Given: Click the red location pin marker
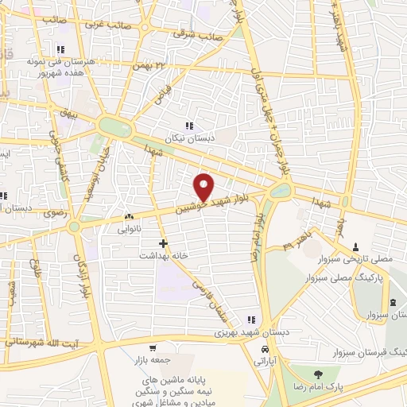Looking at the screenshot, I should point(204,187).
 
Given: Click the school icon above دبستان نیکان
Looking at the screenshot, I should point(188,126).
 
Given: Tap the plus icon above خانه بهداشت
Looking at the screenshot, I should point(164,242).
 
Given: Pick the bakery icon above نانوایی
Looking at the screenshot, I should point(129,215).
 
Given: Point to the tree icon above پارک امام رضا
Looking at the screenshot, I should point(319,374).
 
